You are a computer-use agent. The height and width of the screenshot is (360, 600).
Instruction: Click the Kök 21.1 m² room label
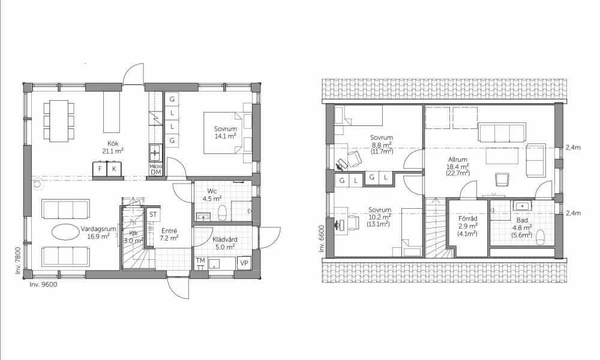coord(113,147)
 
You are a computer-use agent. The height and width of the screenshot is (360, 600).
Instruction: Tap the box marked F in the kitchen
coord(100,169)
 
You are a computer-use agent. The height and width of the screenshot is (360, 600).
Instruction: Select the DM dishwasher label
coord(156,172)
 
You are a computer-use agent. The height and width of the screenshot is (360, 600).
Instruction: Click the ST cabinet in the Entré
coord(153,214)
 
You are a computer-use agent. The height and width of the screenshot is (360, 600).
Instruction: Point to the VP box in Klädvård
coord(244,263)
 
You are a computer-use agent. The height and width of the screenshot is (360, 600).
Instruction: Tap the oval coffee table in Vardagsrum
coord(66,232)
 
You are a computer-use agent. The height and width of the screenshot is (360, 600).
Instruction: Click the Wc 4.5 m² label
coord(215,195)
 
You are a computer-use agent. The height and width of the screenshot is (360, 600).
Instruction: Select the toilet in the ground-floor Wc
coord(223,213)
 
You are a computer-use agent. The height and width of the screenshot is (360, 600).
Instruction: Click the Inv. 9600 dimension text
coord(43,284)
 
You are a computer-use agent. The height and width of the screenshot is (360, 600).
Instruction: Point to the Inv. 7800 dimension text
coord(18,260)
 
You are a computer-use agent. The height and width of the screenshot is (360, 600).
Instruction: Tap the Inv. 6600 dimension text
coord(321,239)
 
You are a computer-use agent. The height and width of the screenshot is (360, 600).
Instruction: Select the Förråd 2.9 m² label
coord(467,226)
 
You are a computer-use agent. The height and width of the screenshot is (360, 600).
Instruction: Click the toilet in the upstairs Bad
coord(541,237)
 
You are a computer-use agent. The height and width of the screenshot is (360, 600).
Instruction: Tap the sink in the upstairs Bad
coord(522,206)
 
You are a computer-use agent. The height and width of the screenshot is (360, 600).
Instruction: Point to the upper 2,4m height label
coord(573,147)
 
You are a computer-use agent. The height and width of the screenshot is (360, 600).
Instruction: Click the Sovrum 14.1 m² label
coord(226,133)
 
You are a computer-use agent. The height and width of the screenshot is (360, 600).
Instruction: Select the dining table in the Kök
coord(59,121)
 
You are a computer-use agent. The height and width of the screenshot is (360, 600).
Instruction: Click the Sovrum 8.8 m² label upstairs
coord(382,144)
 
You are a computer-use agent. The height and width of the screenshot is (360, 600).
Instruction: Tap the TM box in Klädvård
coord(200,260)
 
